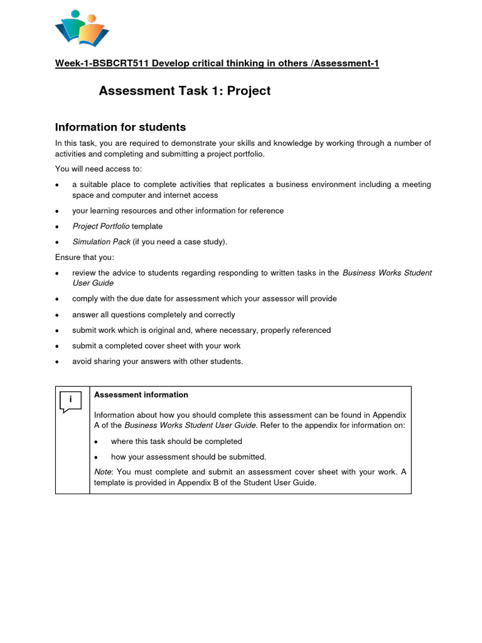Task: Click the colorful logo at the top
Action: [x=82, y=29]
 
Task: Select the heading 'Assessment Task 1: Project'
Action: [x=185, y=91]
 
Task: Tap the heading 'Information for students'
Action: [x=120, y=127]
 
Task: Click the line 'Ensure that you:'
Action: [x=84, y=257]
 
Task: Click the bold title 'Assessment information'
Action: [x=141, y=395]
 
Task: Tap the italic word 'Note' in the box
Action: [x=104, y=472]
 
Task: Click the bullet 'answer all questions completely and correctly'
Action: [x=154, y=315]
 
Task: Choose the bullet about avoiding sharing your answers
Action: [x=158, y=361]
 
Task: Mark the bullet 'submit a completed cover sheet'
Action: [x=156, y=345]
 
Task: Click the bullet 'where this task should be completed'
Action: [x=176, y=441]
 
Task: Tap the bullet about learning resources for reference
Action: [x=178, y=211]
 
